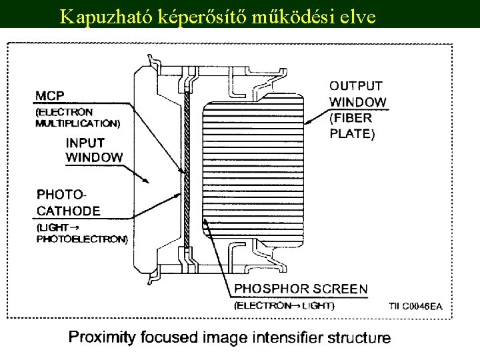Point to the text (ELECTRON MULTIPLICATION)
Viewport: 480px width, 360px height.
click(77, 117)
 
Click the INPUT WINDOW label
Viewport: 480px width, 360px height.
click(94, 150)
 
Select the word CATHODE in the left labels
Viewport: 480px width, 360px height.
click(68, 211)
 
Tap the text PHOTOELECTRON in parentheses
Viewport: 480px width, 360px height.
click(82, 239)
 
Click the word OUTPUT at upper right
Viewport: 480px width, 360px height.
click(356, 85)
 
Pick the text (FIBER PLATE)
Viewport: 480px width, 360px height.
click(353, 125)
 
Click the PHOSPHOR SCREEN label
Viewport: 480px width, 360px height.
click(301, 289)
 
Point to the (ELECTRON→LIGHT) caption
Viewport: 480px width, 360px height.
click(284, 305)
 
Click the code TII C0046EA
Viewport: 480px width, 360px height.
click(415, 306)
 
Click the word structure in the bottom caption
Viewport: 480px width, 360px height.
click(359, 337)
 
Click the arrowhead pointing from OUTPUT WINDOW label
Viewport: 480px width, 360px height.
click(308, 123)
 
